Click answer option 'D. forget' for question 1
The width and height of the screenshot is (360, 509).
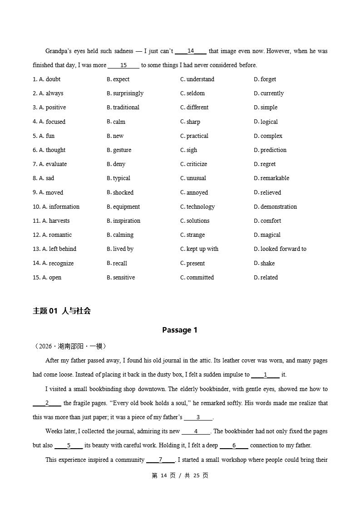[x=265, y=79]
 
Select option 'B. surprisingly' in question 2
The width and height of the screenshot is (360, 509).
[x=125, y=93]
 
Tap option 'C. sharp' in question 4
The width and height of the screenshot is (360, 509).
[x=190, y=122]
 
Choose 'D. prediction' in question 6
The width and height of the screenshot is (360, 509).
[x=270, y=150]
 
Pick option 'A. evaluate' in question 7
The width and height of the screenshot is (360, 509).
[x=53, y=164]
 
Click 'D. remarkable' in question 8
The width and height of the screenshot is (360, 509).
[x=271, y=178]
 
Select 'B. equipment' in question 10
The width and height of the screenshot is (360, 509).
[x=123, y=207]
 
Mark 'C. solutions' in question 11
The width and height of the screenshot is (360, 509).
[x=195, y=221]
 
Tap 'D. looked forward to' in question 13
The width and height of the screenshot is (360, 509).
[x=280, y=249]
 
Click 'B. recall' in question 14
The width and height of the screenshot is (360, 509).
[x=117, y=264]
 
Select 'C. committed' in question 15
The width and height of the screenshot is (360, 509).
[x=197, y=278]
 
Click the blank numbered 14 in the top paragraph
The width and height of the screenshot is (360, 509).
[x=191, y=51]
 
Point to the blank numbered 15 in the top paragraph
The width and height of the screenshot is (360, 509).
[x=123, y=65]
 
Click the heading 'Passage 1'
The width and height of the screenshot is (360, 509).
[x=180, y=330]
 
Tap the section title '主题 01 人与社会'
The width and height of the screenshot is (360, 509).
[x=62, y=311]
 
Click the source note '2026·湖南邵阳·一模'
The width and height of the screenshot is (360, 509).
[x=70, y=346]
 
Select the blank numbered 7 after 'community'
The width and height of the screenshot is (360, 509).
[x=161, y=460]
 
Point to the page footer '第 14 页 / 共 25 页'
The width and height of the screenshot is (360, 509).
[x=180, y=475]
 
